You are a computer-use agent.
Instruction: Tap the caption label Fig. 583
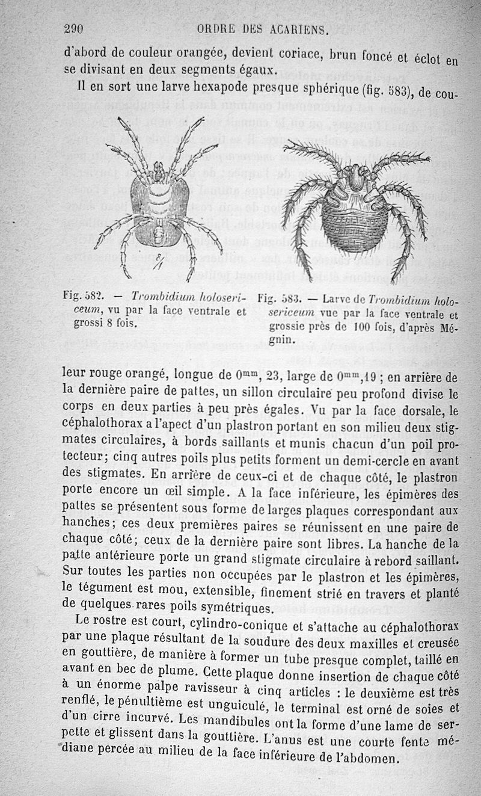279,298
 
